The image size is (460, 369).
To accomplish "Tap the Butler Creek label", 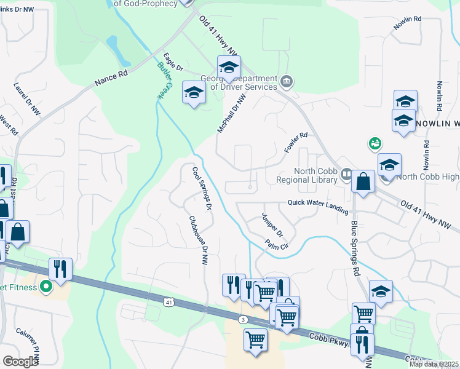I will click(x=164, y=81).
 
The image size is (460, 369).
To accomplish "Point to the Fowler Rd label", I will click(x=295, y=143).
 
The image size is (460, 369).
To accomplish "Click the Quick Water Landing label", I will click(x=317, y=204).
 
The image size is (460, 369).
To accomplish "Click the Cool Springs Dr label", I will click(x=202, y=188).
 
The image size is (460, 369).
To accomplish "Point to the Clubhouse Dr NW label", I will click(x=197, y=240).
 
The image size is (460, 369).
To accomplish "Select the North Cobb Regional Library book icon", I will click(x=346, y=175).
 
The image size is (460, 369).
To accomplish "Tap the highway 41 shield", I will click(x=169, y=302).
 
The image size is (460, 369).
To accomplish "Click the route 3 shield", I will click(x=244, y=320).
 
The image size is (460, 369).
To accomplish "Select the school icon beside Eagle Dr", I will click(x=194, y=93).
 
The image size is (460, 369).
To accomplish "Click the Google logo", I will click(x=20, y=361).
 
